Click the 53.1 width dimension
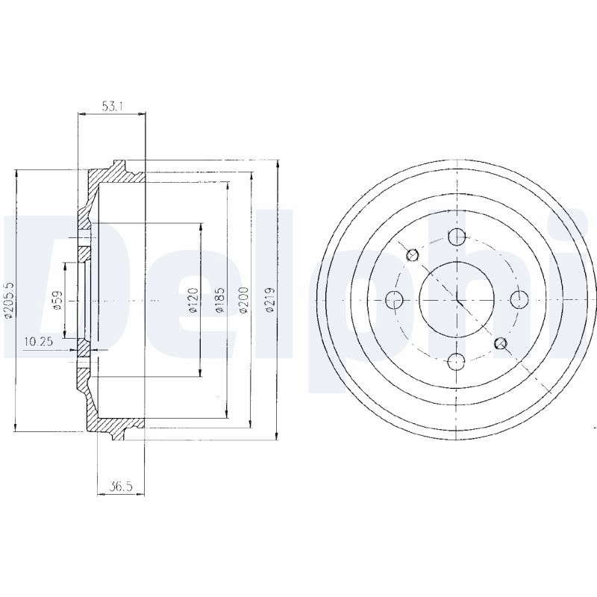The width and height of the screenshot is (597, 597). point(112,107)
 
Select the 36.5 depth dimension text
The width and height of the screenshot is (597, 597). point(120,487)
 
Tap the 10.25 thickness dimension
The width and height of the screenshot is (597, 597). point(38,342)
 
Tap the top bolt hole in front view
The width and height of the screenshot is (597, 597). point(457,237)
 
